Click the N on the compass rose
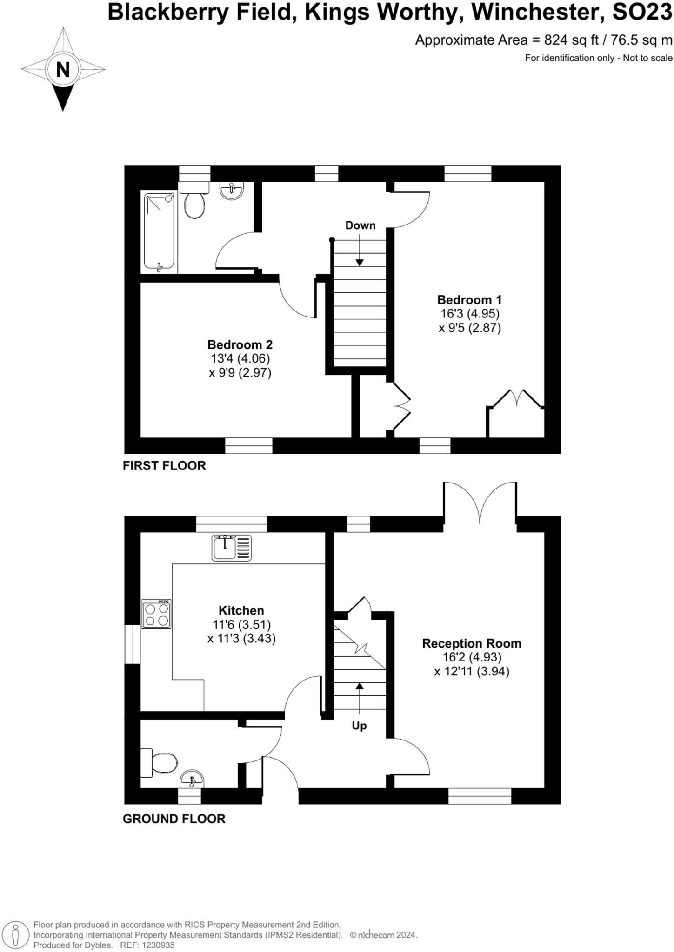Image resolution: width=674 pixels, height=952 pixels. tap(63, 70)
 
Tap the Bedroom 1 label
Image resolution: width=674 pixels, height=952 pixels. tap(469, 300)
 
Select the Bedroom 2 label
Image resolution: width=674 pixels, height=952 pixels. tap(240, 345)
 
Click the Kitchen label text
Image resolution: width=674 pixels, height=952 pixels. tap(241, 610)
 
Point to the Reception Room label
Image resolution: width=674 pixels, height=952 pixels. tap(471, 643)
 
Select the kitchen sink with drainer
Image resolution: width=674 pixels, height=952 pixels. tap(231, 548)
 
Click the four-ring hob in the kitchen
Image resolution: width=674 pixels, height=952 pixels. tap(156, 614)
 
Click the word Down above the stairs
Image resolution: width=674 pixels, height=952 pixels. tap(360, 225)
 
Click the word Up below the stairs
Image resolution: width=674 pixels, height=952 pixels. tap(359, 726)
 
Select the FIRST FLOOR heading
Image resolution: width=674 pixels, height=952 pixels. tap(164, 466)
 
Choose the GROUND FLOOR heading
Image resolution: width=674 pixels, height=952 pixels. tap(174, 819)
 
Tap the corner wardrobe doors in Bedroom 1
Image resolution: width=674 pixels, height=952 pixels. tap(517, 399)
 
